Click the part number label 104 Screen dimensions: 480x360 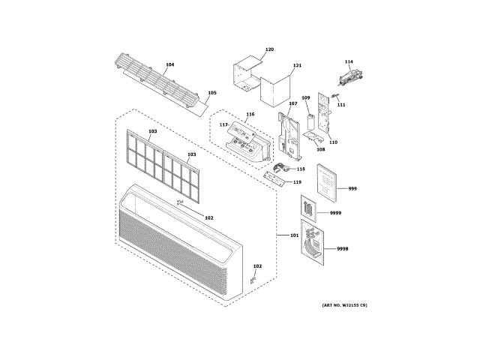pos(170,65)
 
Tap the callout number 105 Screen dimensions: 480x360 pos(212,93)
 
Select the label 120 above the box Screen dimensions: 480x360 pos(270,49)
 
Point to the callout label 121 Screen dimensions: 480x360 pos(298,66)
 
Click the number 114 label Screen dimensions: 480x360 pos(349,61)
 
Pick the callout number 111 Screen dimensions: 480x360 pos(341,104)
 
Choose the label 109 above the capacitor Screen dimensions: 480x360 pos(306,98)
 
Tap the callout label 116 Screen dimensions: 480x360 pos(250,115)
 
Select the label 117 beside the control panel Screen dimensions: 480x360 pos(223,124)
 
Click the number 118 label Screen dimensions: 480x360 pos(300,169)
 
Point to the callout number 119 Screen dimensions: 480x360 pos(297,182)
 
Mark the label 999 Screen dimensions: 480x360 pos(352,188)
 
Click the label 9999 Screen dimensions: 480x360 pos(334,214)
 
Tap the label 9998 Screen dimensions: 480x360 pos(342,248)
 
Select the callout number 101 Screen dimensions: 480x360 pos(294,236)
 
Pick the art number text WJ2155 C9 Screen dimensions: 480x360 pos(345,305)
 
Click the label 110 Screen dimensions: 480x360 pos(333,142)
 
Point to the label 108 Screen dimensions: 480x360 pos(320,148)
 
